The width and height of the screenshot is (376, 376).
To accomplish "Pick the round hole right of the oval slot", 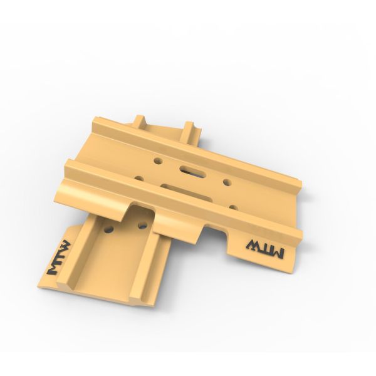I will coord(227,183).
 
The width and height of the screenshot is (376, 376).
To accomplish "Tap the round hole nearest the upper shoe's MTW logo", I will coord(233,207).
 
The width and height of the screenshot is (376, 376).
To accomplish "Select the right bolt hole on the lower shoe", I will coord(143,224).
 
